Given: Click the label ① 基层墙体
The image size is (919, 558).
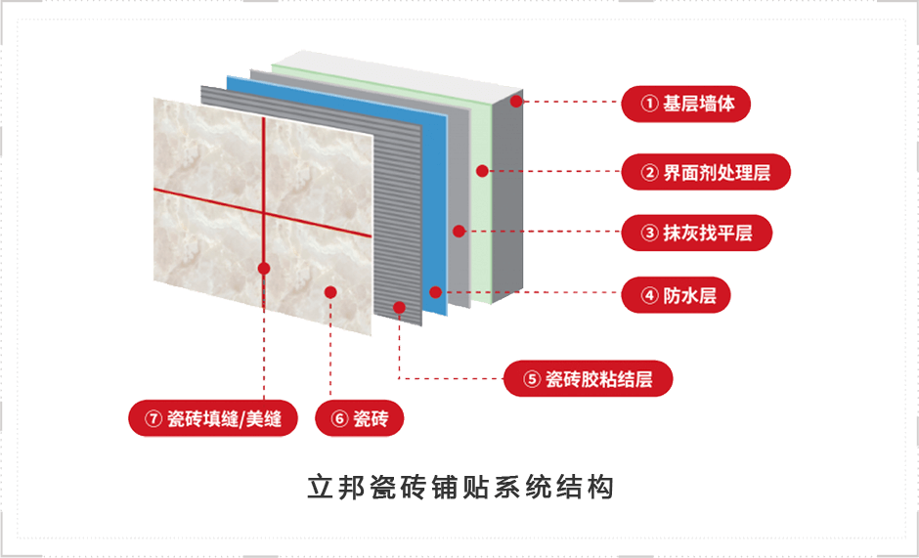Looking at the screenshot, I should click(x=685, y=103).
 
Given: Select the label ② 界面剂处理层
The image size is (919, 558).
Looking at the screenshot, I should click(x=705, y=172).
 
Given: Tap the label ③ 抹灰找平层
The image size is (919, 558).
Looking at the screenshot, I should click(x=697, y=233).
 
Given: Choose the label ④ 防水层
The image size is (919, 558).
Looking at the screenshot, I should click(x=677, y=294).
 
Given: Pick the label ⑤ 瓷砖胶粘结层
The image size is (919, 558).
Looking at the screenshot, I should click(x=588, y=379).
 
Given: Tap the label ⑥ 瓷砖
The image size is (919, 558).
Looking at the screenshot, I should click(x=360, y=418).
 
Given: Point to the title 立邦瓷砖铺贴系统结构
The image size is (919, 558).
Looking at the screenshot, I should click(x=459, y=488).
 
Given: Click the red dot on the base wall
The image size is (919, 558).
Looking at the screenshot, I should click(x=516, y=100).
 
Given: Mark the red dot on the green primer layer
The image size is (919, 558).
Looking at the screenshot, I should click(x=481, y=171).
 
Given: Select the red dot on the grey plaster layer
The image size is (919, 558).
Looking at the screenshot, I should click(x=459, y=232).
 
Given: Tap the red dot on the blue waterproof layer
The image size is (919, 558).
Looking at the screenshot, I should click(x=435, y=292).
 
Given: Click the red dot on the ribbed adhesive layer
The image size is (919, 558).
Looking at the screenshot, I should click(x=399, y=308).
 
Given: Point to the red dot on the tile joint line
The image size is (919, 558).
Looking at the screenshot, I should click(x=264, y=267).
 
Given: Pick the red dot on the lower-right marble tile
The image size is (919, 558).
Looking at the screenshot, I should click(x=330, y=291).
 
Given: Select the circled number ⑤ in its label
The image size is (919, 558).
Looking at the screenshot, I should click(x=532, y=379).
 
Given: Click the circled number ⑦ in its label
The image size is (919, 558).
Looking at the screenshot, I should click(x=153, y=418).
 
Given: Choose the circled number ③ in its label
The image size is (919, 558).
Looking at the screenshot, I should click(x=650, y=233).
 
